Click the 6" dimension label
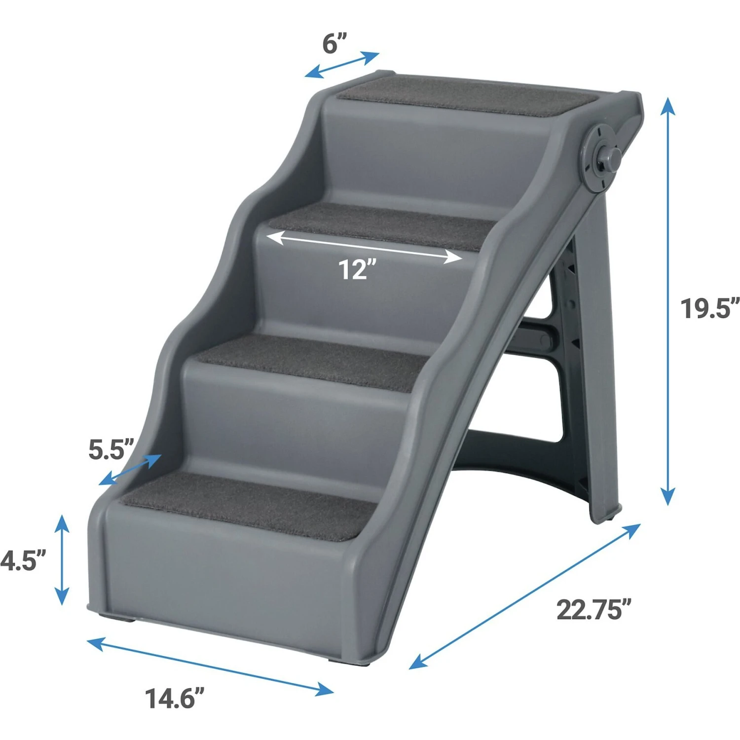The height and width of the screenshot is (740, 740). [335, 43]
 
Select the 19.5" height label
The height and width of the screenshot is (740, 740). [710, 308]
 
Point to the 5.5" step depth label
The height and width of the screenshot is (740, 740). [111, 449]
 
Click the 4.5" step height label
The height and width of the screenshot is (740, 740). [22, 560]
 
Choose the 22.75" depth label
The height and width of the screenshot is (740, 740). [594, 610]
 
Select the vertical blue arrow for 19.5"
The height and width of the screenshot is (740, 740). [667, 301]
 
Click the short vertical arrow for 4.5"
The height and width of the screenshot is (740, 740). [62, 559]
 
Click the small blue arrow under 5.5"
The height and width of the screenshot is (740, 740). [130, 470]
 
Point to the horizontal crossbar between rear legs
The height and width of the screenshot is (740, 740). [535, 340]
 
